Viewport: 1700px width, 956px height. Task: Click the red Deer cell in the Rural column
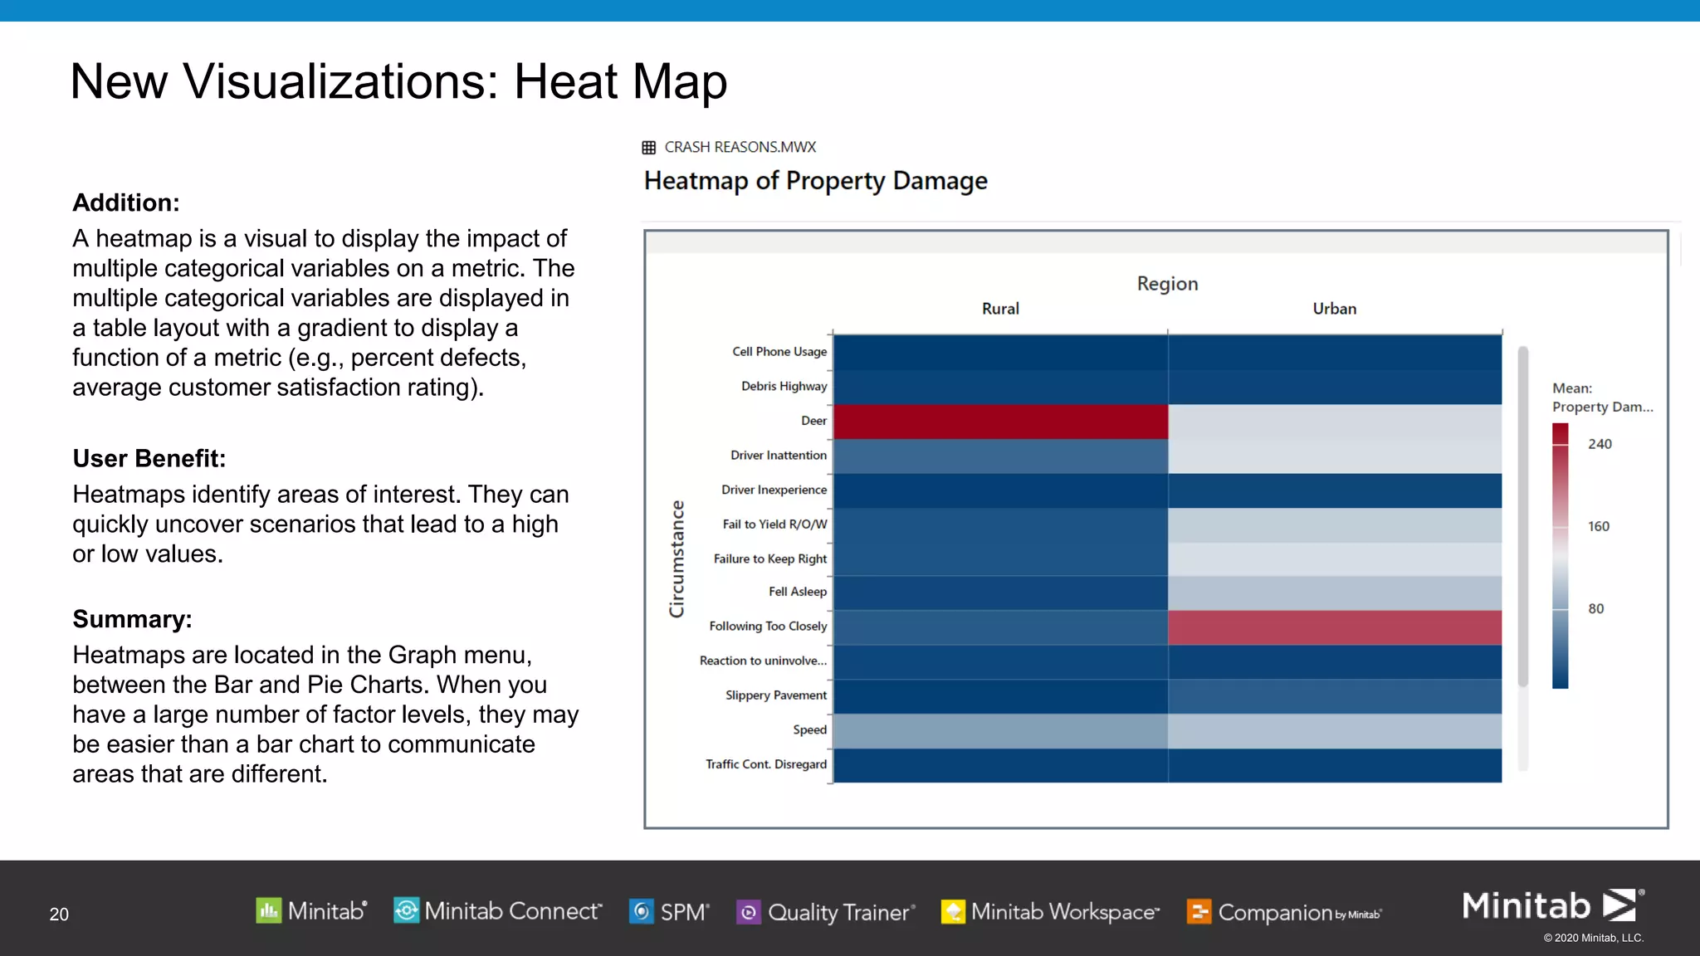pos(1000,422)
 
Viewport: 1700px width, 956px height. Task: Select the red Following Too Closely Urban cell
pos(1334,627)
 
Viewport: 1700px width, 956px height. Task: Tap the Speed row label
pos(809,729)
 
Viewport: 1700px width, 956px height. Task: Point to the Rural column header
pos(1000,309)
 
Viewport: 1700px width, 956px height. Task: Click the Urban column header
pos(1334,309)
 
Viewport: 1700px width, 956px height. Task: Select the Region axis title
pos(1167,284)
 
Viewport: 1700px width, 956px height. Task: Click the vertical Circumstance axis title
pos(677,558)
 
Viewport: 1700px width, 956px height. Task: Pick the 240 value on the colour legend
pos(1600,444)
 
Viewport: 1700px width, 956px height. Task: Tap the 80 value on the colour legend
pos(1595,608)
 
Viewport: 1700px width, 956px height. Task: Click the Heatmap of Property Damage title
pos(815,181)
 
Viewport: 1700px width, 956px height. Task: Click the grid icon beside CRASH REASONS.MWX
pos(649,148)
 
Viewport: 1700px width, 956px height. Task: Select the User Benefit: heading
pos(149,458)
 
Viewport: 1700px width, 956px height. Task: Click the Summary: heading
pos(132,619)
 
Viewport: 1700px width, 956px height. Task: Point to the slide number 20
pos(59,914)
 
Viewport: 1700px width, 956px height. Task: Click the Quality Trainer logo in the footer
pos(826,912)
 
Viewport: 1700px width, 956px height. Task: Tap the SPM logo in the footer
pos(669,912)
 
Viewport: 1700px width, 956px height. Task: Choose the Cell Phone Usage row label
pos(779,352)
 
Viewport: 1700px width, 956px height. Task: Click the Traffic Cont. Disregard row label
pos(765,764)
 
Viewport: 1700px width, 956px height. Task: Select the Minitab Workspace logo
pos(1050,912)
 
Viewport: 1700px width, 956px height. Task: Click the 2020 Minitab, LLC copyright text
pos(1593,938)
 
